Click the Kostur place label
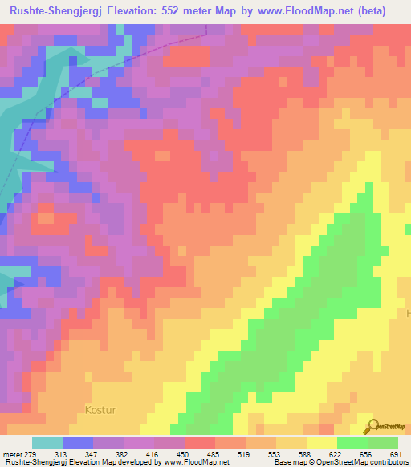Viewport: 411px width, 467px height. tap(100, 410)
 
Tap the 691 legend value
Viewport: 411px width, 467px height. tap(401, 455)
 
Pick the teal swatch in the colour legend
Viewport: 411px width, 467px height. tap(47, 442)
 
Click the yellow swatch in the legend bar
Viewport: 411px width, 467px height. tap(321, 442)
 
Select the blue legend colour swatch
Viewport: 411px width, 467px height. tap(77, 442)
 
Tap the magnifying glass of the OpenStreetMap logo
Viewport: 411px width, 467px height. tap(372, 426)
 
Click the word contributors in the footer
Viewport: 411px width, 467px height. tap(389, 463)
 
